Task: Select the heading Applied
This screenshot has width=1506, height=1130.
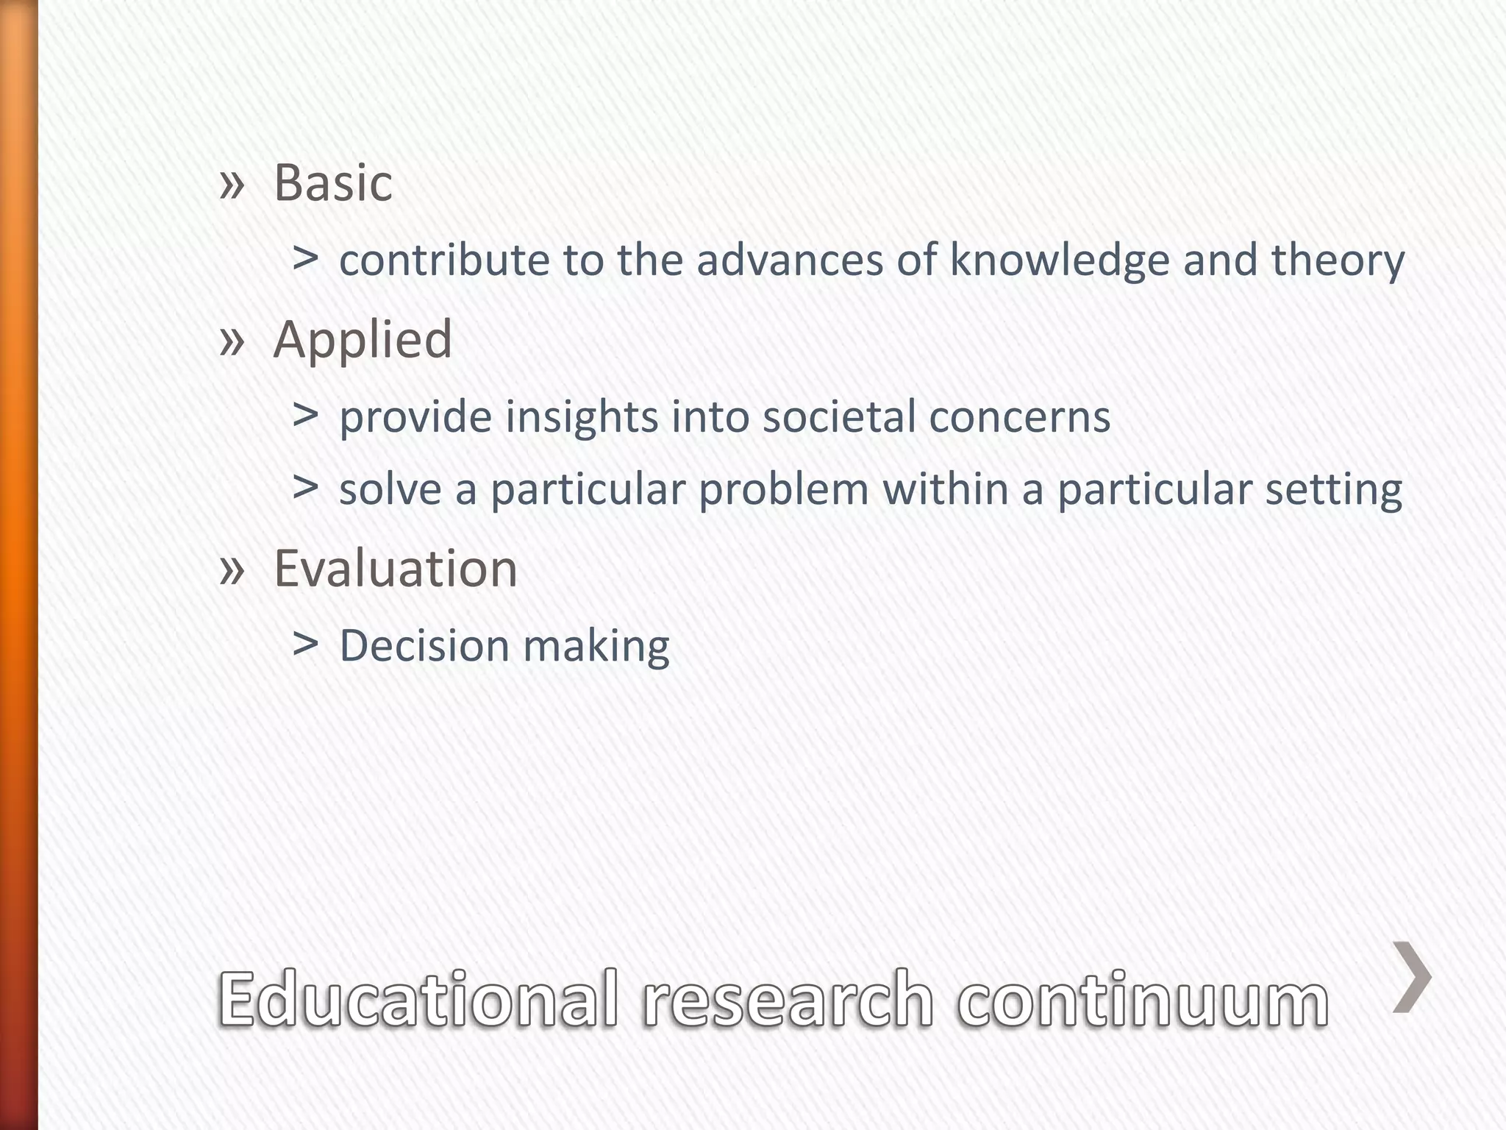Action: pyautogui.click(x=363, y=340)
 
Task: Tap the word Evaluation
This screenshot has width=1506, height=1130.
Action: pyautogui.click(x=396, y=569)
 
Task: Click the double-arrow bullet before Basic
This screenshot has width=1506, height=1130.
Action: pyautogui.click(x=232, y=185)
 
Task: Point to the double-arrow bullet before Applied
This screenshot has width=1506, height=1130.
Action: pyautogui.click(x=232, y=341)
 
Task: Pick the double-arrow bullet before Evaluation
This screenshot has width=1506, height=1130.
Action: pyautogui.click(x=232, y=570)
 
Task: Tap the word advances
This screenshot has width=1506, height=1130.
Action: pyautogui.click(x=790, y=260)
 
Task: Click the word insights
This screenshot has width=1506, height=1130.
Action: pyautogui.click(x=582, y=417)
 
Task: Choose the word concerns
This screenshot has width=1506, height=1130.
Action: pyautogui.click(x=1019, y=417)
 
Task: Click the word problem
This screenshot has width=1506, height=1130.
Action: pyautogui.click(x=784, y=490)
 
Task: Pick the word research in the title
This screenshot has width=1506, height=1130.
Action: pyautogui.click(x=788, y=998)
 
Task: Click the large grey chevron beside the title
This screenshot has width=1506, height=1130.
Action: pyautogui.click(x=1412, y=977)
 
